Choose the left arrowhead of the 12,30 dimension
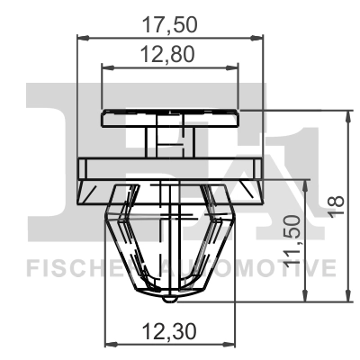coord(111,345)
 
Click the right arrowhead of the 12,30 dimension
coord(234,345)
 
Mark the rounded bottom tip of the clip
coord(172,294)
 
